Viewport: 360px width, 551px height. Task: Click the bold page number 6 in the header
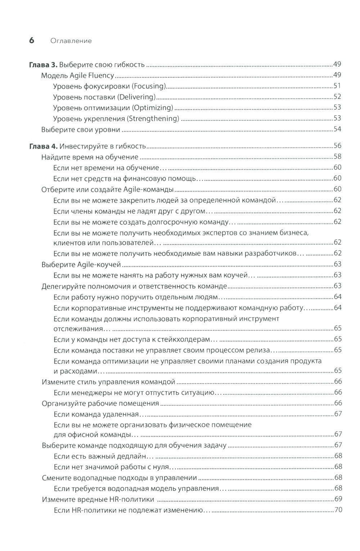click(x=31, y=40)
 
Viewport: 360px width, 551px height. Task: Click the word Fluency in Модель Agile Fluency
click(x=102, y=76)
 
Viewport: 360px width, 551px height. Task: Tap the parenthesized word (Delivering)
click(x=139, y=97)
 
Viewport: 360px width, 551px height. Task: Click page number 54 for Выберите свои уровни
click(x=337, y=129)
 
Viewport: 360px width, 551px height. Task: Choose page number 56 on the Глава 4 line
click(x=337, y=146)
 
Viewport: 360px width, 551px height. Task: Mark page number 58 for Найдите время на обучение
click(x=337, y=157)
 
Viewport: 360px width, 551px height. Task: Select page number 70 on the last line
click(x=338, y=510)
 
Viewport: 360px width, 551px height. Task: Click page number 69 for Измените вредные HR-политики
click(x=338, y=499)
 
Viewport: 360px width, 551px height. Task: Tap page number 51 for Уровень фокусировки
click(x=337, y=86)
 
